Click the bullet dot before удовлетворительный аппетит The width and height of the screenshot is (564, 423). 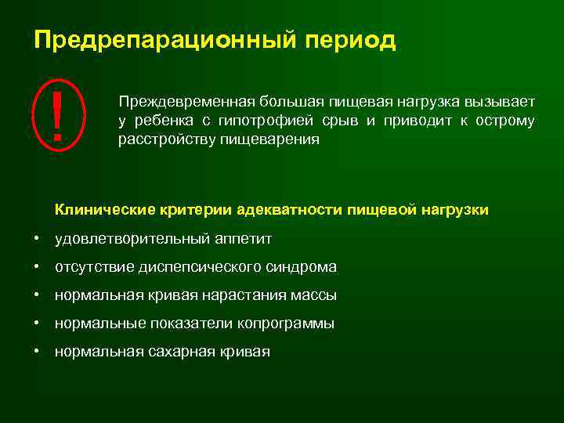point(37,238)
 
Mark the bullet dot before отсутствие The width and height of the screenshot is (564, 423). point(37,267)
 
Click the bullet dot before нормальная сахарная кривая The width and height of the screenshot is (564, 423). point(37,352)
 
